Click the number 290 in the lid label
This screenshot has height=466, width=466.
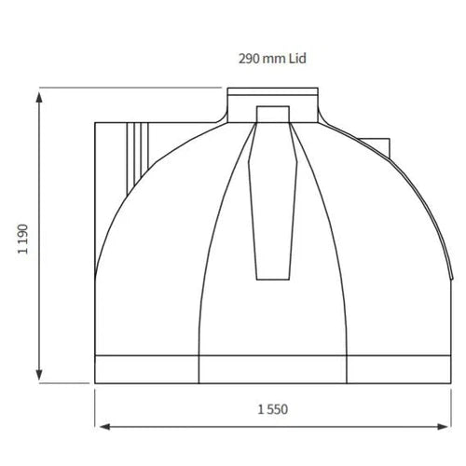coord(248,58)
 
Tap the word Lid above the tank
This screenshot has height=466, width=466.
coord(296,58)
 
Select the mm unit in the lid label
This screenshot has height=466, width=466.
coord(274,58)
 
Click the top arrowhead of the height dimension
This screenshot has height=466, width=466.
coord(38,94)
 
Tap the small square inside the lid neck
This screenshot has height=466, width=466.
coord(275,113)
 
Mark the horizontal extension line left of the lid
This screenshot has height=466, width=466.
coord(130,89)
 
